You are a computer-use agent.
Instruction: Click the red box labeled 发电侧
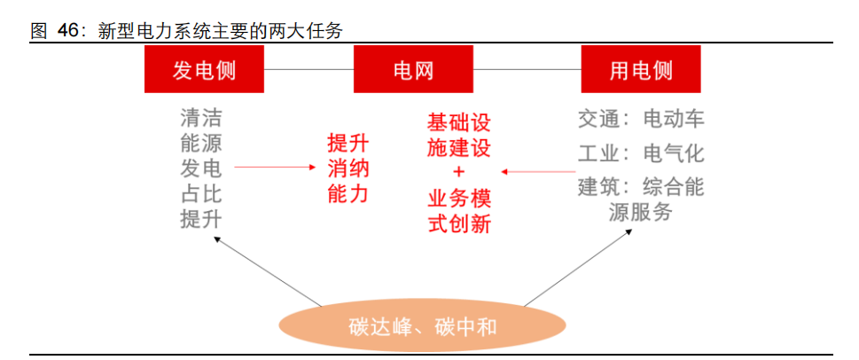pyautogui.click(x=204, y=69)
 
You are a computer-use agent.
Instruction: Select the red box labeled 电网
pyautogui.click(x=413, y=69)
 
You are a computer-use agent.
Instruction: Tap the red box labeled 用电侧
pyautogui.click(x=641, y=69)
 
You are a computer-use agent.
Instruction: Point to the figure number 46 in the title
pyautogui.click(x=68, y=31)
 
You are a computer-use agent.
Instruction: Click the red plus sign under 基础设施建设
pyautogui.click(x=458, y=172)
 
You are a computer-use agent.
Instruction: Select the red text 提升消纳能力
pyautogui.click(x=348, y=169)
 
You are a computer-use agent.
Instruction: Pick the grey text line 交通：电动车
pyautogui.click(x=641, y=119)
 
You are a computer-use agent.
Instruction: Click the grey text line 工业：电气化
pyautogui.click(x=641, y=154)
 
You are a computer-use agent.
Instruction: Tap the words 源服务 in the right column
pyautogui.click(x=640, y=212)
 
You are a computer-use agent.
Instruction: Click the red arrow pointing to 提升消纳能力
pyautogui.click(x=276, y=167)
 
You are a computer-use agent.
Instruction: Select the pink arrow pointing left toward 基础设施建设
pyautogui.click(x=538, y=171)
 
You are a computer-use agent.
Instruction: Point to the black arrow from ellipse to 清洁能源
pyautogui.click(x=268, y=270)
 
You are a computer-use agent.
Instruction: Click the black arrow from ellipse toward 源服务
pyautogui.click(x=578, y=268)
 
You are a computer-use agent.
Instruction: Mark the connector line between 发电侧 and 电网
pyautogui.click(x=309, y=69)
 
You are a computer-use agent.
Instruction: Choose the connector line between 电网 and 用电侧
pyautogui.click(x=527, y=69)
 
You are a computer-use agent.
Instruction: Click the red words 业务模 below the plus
pyautogui.click(x=459, y=200)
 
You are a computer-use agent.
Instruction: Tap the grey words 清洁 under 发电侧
pyautogui.click(x=201, y=117)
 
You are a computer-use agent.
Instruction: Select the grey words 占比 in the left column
pyautogui.click(x=201, y=195)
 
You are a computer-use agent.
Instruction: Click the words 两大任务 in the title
pyautogui.click(x=301, y=31)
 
